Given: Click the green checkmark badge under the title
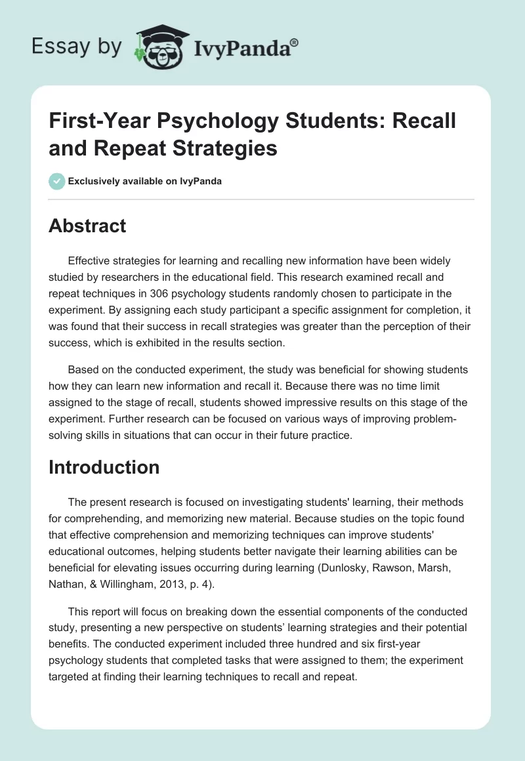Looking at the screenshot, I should point(57,181).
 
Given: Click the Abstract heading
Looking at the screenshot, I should point(88,226).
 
